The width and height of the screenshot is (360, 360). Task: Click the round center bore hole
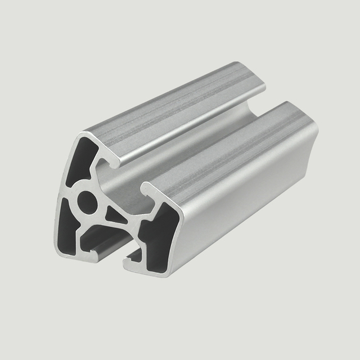point(87,200)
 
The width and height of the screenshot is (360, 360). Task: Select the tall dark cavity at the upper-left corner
point(79,160)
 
